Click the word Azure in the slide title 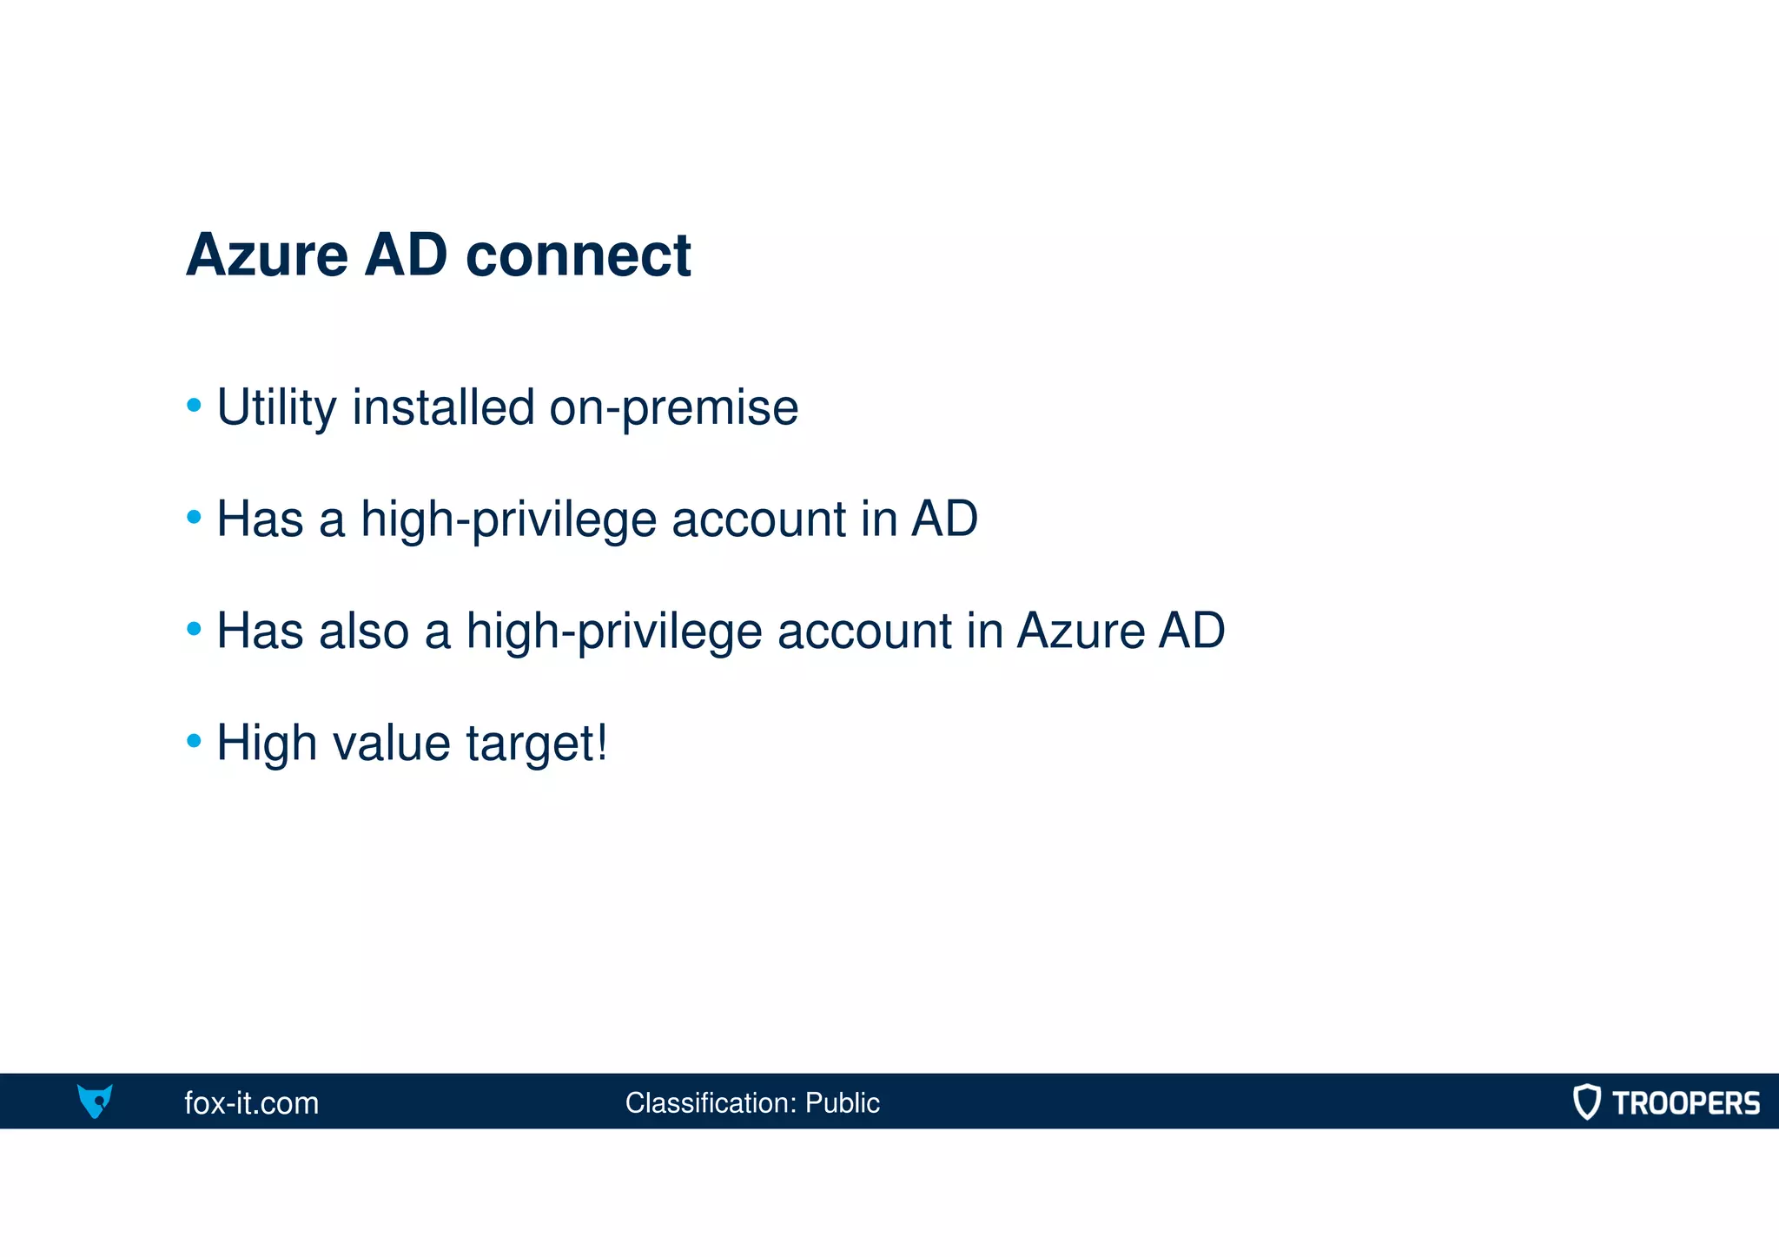pyautogui.click(x=267, y=255)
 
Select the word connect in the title pyautogui.click(x=578, y=255)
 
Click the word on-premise pyautogui.click(x=673, y=407)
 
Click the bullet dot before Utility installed pyautogui.click(x=195, y=406)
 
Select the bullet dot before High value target pyautogui.click(x=195, y=741)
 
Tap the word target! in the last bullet pyautogui.click(x=537, y=744)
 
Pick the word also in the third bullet pyautogui.click(x=363, y=631)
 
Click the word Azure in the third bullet pyautogui.click(x=1081, y=631)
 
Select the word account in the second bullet pyautogui.click(x=758, y=519)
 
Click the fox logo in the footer pyautogui.click(x=95, y=1101)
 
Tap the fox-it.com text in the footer pyautogui.click(x=251, y=1103)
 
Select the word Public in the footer pyautogui.click(x=842, y=1103)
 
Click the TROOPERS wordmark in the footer pyautogui.click(x=1685, y=1103)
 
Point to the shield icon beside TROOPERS pyautogui.click(x=1586, y=1102)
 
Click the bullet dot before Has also pyautogui.click(x=195, y=628)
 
